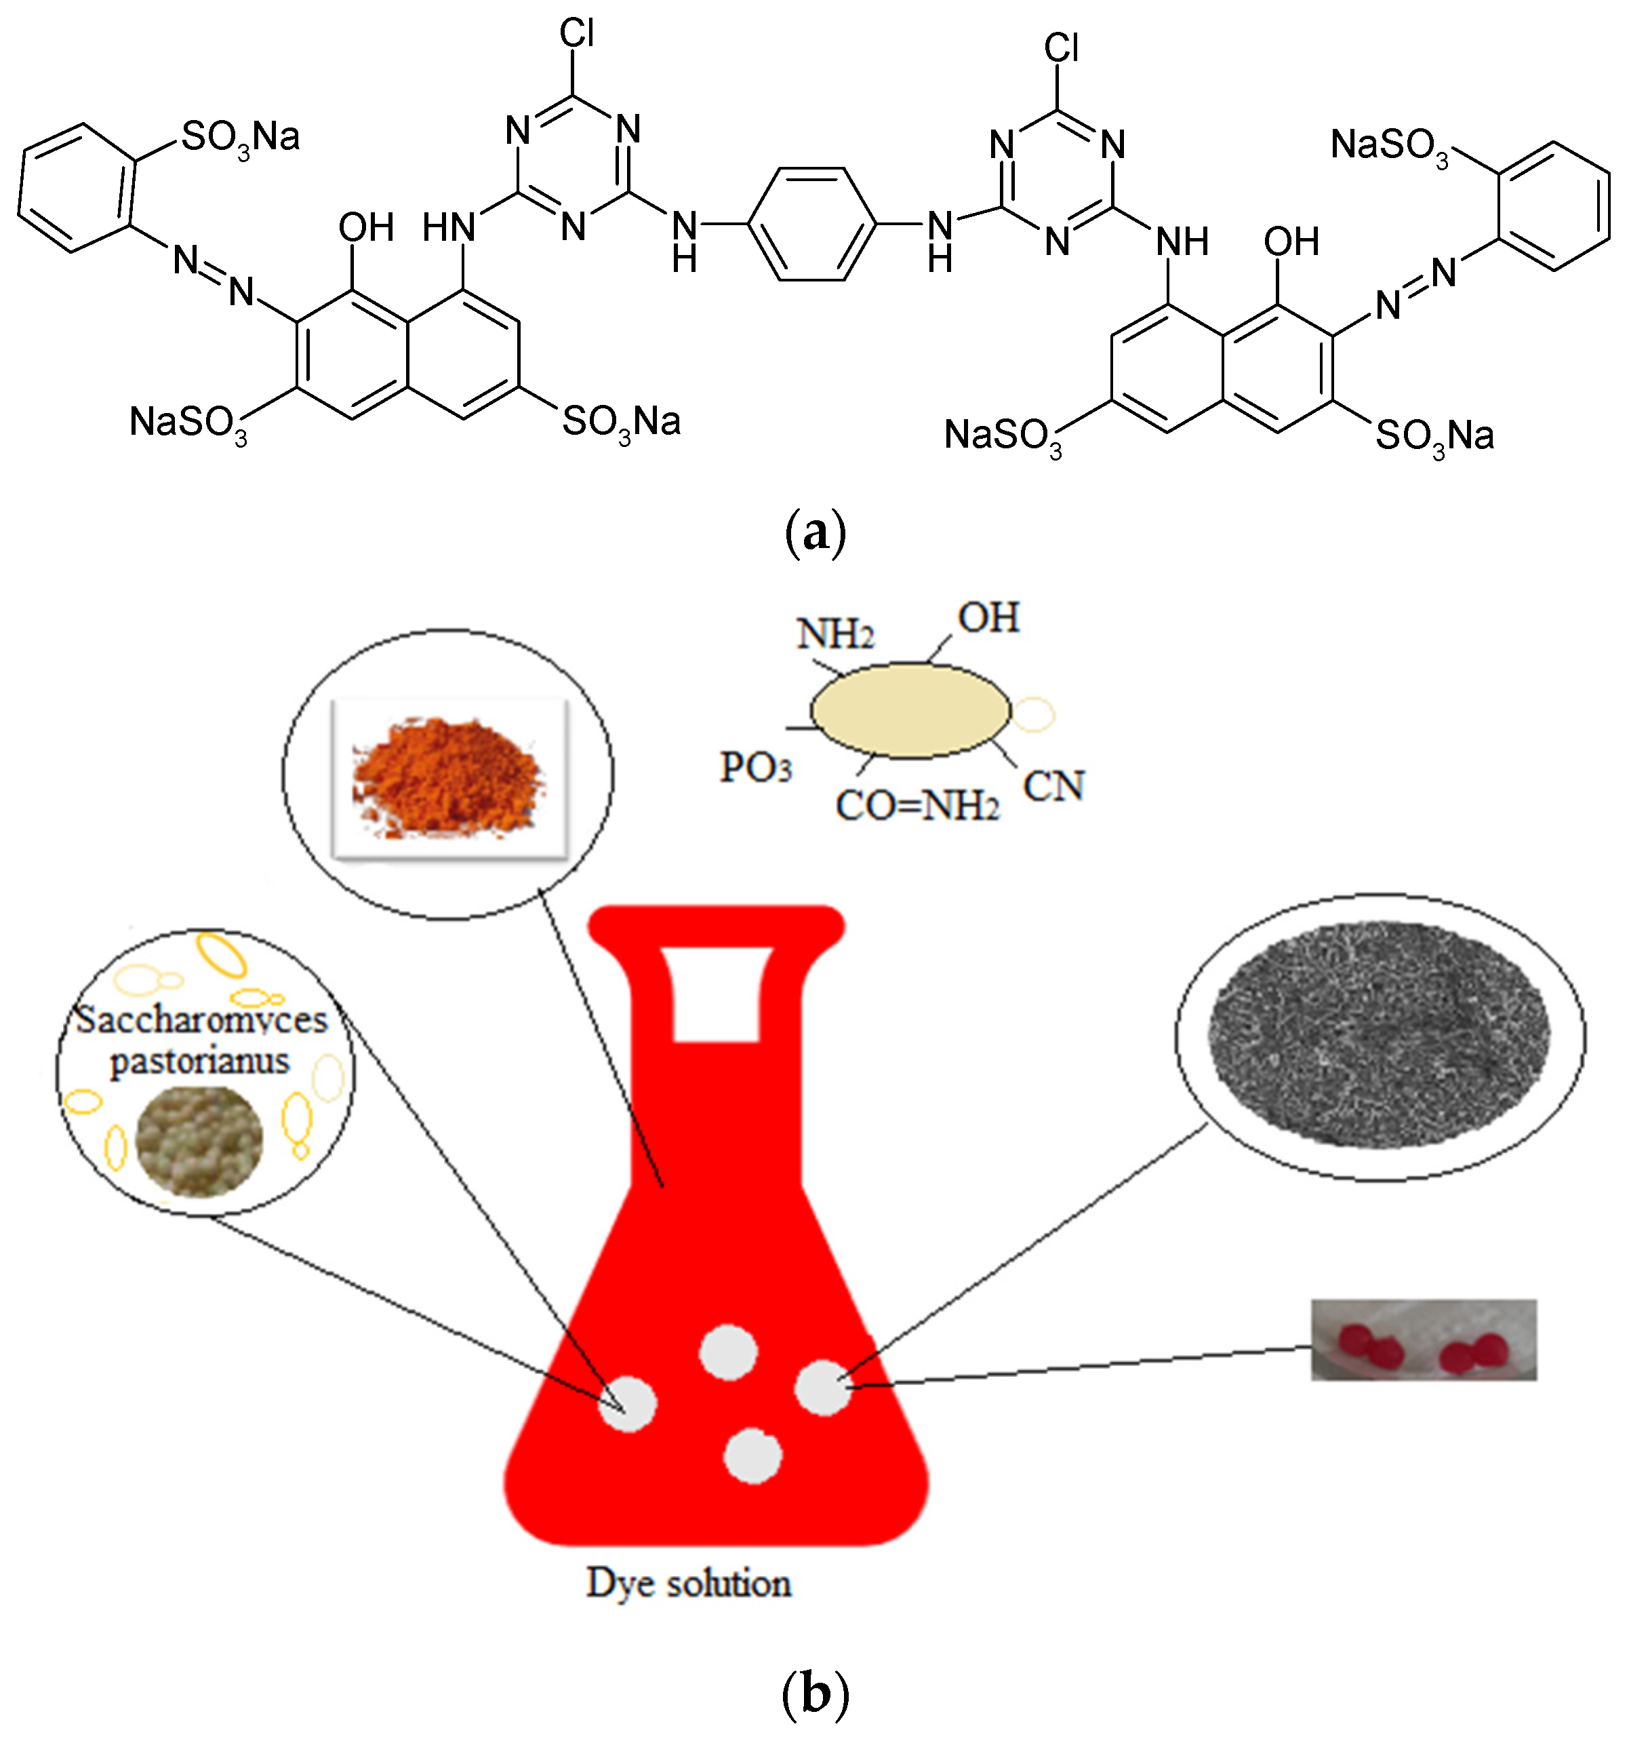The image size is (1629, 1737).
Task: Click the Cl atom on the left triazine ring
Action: [576, 33]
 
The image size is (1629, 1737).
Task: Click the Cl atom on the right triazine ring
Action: [1060, 47]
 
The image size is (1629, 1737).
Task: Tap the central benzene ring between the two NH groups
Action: [812, 225]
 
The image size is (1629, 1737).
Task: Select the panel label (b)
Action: [815, 1694]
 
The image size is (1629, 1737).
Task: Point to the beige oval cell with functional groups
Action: [910, 710]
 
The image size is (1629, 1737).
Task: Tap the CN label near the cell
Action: [1053, 786]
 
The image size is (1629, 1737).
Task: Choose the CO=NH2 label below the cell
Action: [917, 806]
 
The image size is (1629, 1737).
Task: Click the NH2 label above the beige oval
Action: [835, 633]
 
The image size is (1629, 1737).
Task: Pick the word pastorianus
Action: [200, 1061]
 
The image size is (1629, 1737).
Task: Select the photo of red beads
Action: [1423, 1340]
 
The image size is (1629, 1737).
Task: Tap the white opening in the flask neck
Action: [717, 994]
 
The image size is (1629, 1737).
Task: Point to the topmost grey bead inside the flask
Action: [729, 1352]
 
